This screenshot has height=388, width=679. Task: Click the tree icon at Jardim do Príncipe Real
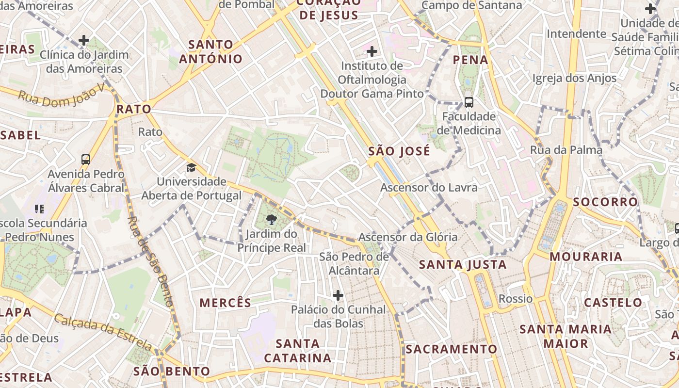[272, 220]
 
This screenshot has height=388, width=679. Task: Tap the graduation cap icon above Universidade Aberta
[192, 167]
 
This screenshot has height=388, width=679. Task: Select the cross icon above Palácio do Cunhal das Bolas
[338, 295]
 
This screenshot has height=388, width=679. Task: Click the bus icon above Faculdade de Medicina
[469, 102]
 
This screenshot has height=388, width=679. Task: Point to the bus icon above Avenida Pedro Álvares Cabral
[86, 159]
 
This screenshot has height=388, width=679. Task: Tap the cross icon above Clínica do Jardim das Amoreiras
[84, 40]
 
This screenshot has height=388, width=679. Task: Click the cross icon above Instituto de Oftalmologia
[372, 51]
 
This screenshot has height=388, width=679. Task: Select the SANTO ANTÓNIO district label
[211, 52]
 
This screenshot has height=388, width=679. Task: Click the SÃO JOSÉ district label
[399, 151]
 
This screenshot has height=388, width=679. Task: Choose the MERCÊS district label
[226, 303]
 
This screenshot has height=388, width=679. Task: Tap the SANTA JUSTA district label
[463, 264]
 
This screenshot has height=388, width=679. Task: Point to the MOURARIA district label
[586, 257]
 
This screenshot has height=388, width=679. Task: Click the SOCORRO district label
[605, 202]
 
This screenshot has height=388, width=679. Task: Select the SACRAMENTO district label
[452, 349]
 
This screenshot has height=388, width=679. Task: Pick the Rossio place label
[516, 299]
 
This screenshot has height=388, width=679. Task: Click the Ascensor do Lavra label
[429, 187]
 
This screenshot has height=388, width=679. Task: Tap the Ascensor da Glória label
[408, 237]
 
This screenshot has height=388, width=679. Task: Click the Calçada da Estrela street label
[103, 332]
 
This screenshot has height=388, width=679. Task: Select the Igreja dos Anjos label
[575, 78]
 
